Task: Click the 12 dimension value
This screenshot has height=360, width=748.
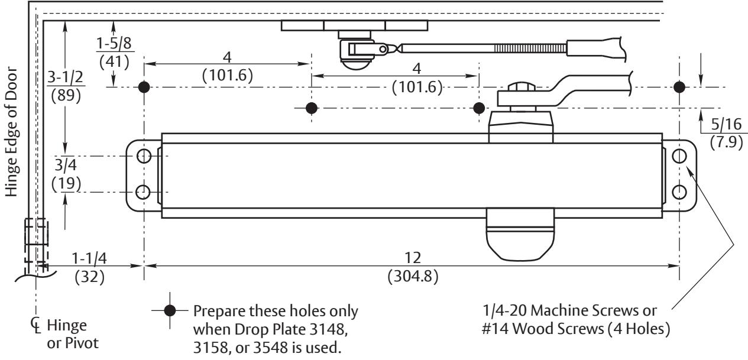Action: tap(413, 258)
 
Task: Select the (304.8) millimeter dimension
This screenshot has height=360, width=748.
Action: tap(413, 276)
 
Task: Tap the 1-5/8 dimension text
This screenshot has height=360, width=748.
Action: tap(114, 43)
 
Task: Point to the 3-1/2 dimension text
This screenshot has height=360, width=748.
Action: tap(65, 77)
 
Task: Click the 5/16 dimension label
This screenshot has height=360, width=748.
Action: tap(726, 124)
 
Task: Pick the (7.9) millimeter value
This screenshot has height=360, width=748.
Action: tap(727, 142)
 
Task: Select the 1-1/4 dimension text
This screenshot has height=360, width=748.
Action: tap(89, 258)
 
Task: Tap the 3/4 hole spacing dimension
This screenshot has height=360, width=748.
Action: tap(66, 165)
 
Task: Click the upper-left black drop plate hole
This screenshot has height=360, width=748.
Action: tap(144, 87)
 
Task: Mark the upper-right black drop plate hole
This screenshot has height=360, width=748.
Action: tap(679, 87)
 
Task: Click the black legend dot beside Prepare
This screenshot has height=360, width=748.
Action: tap(170, 310)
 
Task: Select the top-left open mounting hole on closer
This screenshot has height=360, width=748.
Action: tap(144, 156)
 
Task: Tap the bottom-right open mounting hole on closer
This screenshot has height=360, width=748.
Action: tap(679, 192)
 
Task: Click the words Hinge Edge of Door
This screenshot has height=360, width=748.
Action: tap(12, 132)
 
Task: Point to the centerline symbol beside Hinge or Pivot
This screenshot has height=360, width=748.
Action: tap(36, 325)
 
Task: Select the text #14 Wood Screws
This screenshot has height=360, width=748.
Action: tap(543, 329)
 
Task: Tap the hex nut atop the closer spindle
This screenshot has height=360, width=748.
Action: tap(522, 87)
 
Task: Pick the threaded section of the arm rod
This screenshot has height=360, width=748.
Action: tap(530, 48)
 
